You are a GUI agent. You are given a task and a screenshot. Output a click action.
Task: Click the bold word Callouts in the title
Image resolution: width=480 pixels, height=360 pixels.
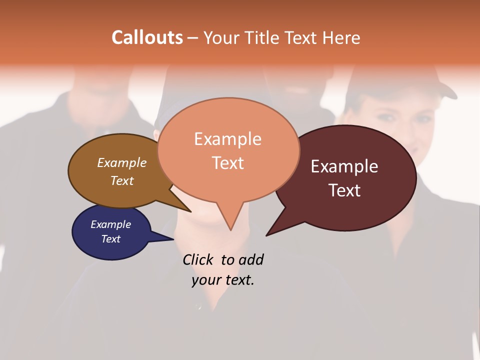point(147,37)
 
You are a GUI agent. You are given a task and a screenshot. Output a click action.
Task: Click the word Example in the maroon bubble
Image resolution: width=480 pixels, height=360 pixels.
point(344,166)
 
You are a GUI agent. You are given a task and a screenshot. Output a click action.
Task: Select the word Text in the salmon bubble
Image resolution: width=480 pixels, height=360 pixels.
point(228,163)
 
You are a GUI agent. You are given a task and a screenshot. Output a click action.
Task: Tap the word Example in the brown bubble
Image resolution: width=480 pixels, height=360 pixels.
point(122,162)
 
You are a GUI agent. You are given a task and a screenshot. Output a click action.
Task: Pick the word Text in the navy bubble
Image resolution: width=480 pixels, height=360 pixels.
point(111,239)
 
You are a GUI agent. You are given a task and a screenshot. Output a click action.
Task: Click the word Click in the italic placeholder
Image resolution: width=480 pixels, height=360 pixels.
point(197,259)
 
